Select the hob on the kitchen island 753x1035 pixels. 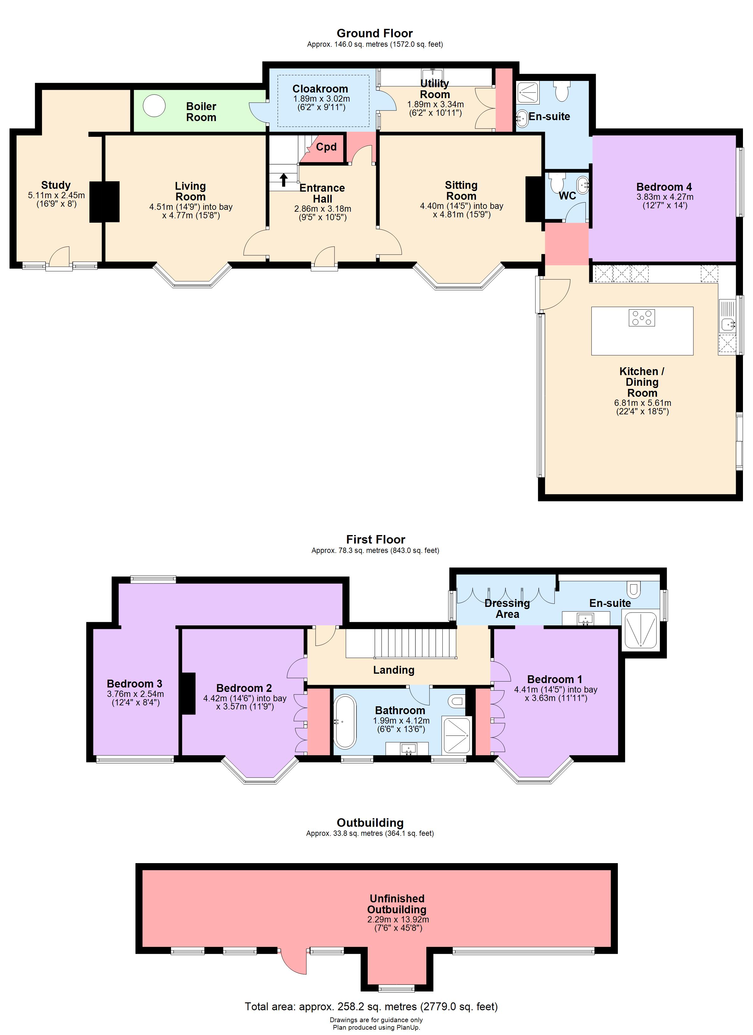[x=642, y=318]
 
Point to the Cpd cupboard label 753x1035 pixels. [x=326, y=147]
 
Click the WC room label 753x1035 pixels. [x=567, y=196]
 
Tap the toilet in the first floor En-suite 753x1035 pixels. [x=633, y=589]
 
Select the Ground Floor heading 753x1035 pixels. [x=374, y=33]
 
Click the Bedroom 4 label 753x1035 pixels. [x=664, y=187]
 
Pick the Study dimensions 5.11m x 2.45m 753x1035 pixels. [x=56, y=195]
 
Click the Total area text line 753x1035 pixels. [x=371, y=1006]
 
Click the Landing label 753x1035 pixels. [x=394, y=670]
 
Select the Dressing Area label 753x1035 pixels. [x=507, y=609]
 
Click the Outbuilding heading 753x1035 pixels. [x=370, y=823]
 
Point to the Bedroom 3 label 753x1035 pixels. [x=134, y=684]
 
